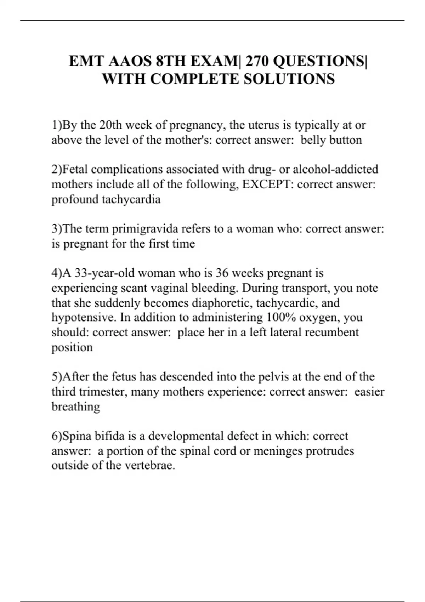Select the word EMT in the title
pos(86,61)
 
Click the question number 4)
pos(57,273)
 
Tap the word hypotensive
pos(83,317)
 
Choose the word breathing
pos(76,407)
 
